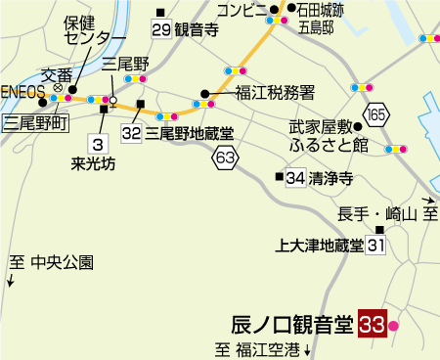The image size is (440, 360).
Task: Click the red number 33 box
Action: (372, 324)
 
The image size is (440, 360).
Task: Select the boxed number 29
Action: (161, 29)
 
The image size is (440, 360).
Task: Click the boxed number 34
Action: (296, 178)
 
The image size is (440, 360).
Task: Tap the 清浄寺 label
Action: (330, 178)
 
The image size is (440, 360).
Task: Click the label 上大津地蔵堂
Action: (320, 245)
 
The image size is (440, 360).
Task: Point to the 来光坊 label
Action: (94, 163)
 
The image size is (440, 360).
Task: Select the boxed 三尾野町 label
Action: (34, 122)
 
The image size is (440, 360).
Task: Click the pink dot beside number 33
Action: (394, 325)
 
